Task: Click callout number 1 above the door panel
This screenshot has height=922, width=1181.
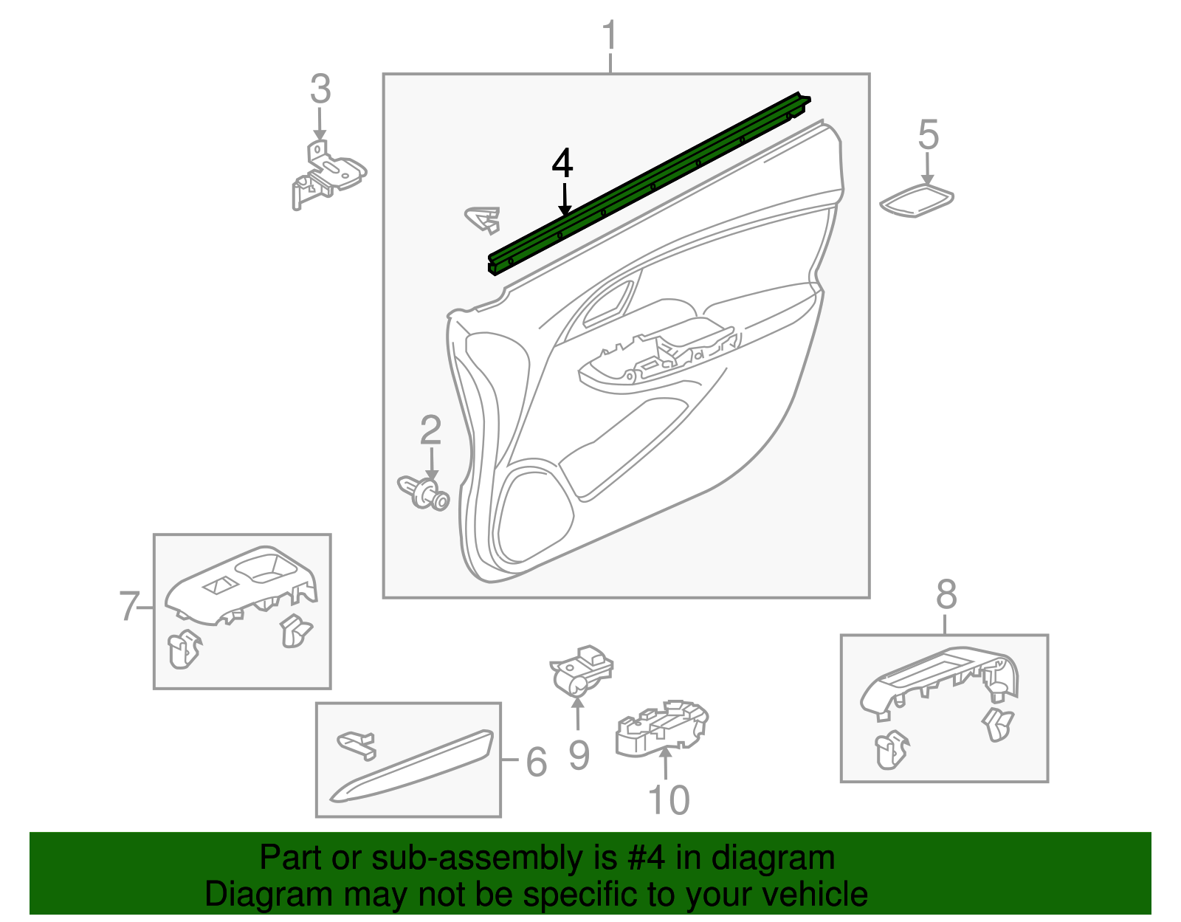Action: coord(609,37)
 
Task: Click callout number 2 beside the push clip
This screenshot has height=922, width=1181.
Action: coord(430,431)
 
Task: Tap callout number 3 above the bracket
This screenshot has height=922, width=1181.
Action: coord(320,90)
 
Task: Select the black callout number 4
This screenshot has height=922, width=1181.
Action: coord(562,164)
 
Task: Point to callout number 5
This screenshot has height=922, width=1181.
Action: coord(928,136)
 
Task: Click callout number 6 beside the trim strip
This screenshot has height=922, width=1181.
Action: coord(537,762)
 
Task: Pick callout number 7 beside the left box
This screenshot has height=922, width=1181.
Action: coord(129,607)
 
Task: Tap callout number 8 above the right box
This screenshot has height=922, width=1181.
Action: coord(946,595)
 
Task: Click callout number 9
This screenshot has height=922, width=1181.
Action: coord(579,756)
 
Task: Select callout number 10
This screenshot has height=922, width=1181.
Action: coord(668,800)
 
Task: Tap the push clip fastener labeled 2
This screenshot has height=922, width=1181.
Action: coord(424,493)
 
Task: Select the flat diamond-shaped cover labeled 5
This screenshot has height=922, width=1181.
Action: coord(917,201)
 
